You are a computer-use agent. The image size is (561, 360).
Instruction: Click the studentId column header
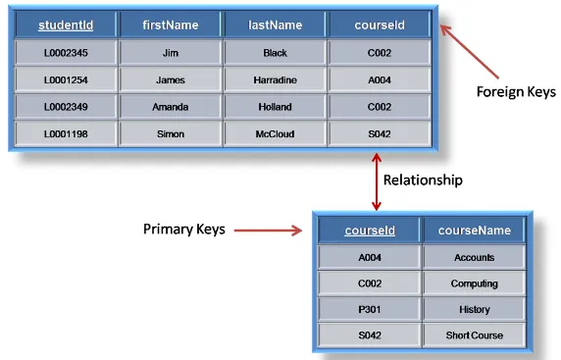(66, 24)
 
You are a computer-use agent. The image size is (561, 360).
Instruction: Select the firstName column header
(171, 24)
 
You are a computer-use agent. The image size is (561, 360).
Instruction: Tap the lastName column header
(276, 24)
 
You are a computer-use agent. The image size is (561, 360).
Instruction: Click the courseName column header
(475, 231)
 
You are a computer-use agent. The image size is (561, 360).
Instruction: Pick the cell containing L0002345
(66, 52)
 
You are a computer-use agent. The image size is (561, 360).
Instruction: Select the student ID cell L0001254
(66, 79)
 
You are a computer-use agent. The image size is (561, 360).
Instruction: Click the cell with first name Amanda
(171, 107)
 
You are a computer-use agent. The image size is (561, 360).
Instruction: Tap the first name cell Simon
(171, 134)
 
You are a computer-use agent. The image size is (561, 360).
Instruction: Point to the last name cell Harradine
(276, 79)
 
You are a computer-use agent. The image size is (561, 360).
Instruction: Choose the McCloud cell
(276, 134)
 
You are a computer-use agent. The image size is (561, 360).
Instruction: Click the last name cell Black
(276, 52)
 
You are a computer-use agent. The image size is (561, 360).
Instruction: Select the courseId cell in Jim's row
(381, 52)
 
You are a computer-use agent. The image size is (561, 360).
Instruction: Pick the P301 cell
(370, 309)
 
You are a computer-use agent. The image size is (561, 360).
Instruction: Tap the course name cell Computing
(475, 283)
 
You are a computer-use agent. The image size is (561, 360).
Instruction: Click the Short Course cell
(475, 335)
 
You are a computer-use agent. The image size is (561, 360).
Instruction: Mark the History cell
(475, 309)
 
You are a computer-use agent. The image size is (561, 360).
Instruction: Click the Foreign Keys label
(516, 92)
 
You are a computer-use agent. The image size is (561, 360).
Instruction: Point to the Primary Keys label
(184, 230)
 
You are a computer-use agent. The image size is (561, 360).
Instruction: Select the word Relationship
(422, 180)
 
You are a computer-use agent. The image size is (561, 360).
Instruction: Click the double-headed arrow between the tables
(376, 181)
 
